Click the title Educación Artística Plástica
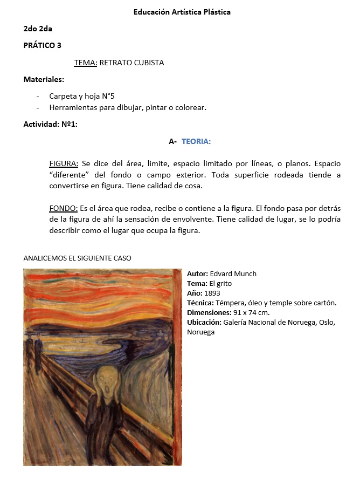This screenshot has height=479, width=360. click(x=182, y=12)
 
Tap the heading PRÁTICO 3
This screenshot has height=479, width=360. click(x=43, y=45)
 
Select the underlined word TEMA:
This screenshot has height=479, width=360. click(x=85, y=63)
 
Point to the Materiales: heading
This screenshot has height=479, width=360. click(x=44, y=79)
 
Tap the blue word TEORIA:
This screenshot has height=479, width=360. click(x=196, y=141)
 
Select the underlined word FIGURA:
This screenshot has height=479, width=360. click(x=64, y=163)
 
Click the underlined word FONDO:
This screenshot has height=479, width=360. click(x=64, y=208)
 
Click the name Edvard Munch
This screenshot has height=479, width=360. click(x=233, y=273)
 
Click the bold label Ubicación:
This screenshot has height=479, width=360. click(x=204, y=322)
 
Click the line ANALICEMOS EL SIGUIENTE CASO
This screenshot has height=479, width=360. click(x=77, y=258)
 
